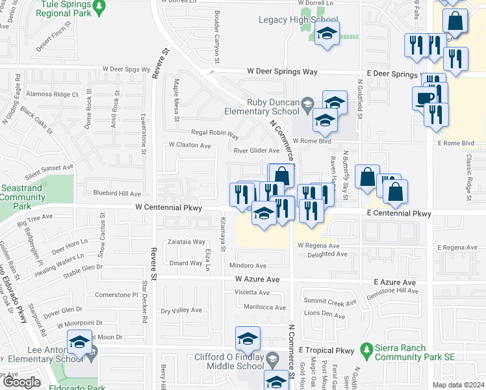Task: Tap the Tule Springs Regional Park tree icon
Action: tap(98, 7)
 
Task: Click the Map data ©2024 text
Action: tap(458, 384)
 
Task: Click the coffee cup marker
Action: tap(424, 98)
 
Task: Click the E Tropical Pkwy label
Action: tap(326, 350)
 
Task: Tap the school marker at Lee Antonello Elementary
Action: tap(79, 342)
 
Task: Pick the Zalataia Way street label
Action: tap(186, 242)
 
